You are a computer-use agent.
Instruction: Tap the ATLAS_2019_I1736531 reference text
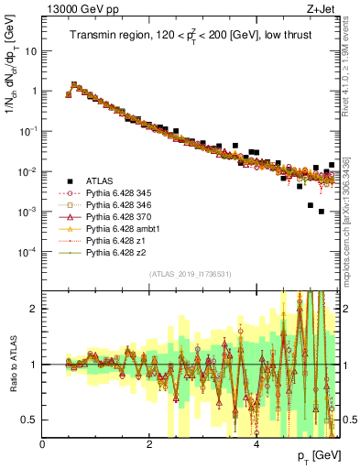[x=190, y=274]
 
